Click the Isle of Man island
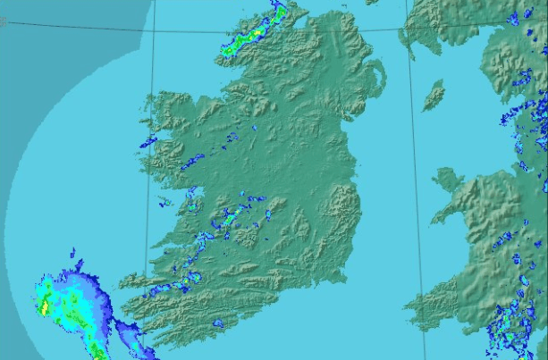434,94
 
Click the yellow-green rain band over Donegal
250,36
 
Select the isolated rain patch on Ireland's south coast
217,322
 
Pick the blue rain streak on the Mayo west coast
148,142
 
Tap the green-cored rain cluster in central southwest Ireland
231,216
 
